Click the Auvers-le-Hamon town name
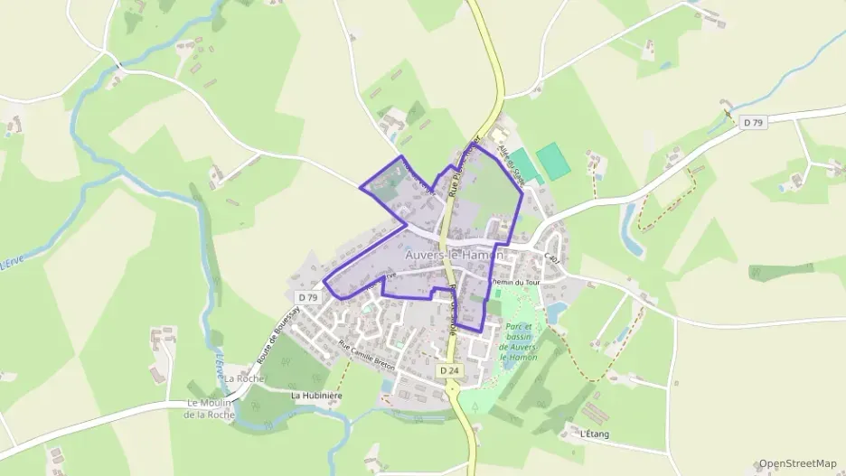click(x=454, y=256)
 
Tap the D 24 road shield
click(x=449, y=371)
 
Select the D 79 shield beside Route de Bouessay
click(x=308, y=297)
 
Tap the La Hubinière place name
click(x=313, y=396)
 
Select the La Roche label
click(x=244, y=378)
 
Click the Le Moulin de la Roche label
click(x=211, y=409)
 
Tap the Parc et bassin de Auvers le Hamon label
click(x=522, y=342)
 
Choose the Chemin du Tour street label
click(x=514, y=282)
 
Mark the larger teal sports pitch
click(x=554, y=161)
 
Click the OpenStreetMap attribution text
click(x=797, y=463)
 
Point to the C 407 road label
click(x=553, y=257)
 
